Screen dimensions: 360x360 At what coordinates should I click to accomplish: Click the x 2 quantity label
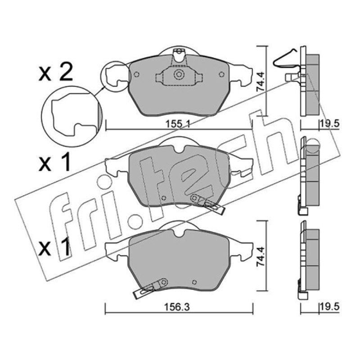[56, 72]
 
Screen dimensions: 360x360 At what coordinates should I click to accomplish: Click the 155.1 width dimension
[178, 124]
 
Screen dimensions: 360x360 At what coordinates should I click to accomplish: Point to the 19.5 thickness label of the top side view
[329, 124]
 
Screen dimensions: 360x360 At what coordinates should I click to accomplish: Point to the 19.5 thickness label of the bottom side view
[329, 307]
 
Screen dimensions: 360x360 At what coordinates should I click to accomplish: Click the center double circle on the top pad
[178, 74]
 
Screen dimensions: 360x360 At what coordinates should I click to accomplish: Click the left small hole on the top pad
[136, 74]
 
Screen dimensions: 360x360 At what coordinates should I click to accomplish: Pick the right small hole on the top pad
[221, 74]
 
